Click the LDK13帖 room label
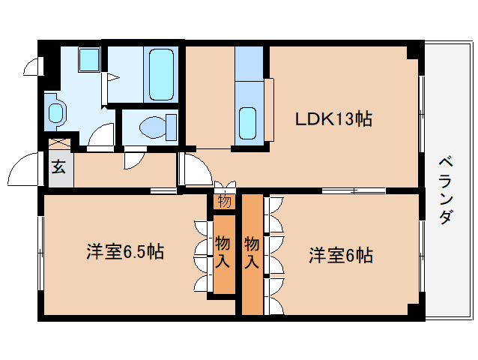coord(333,119)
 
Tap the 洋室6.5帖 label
coord(125,252)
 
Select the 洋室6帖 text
coord(341,255)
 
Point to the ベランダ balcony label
coord(446,190)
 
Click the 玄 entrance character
coord(58,166)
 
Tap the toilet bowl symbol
coord(159,127)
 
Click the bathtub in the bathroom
coord(161,74)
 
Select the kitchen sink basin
coord(247,123)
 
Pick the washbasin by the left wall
coord(55,112)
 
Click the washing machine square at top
coord(89,60)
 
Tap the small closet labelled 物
coord(224,201)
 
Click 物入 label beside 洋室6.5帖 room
coord(223,253)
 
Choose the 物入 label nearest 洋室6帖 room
coord(252,253)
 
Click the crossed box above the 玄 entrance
coord(60,144)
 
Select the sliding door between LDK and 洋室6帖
coord(354,190)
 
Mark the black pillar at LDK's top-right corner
coord(414,51)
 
